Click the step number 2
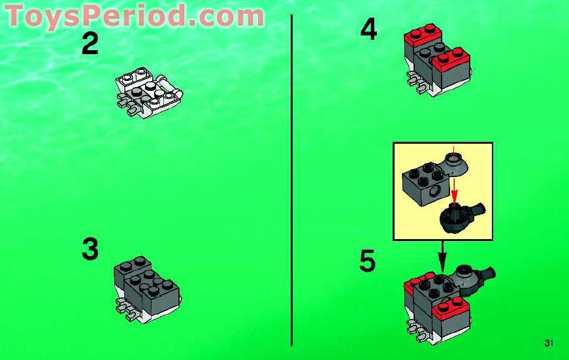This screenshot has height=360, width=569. click(90, 44)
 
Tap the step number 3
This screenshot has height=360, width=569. click(90, 250)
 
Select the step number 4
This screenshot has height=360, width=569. click(368, 30)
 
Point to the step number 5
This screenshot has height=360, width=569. click(368, 261)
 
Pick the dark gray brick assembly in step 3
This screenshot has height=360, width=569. click(146, 281)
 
